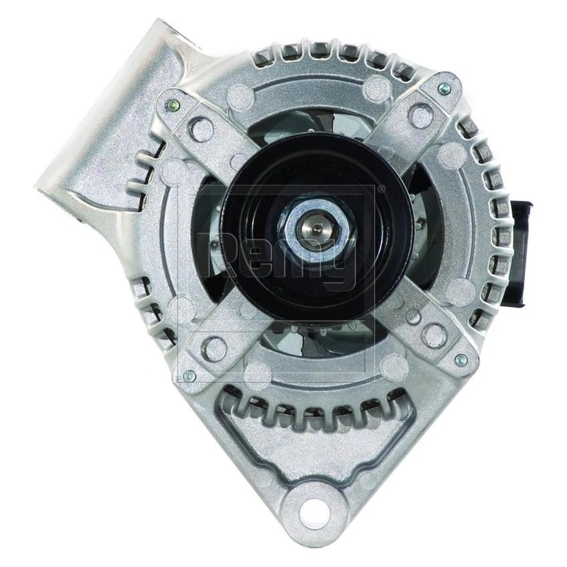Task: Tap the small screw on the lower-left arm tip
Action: [x=189, y=375]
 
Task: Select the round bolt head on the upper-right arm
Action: [x=420, y=115]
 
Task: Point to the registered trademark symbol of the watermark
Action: [x=381, y=189]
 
